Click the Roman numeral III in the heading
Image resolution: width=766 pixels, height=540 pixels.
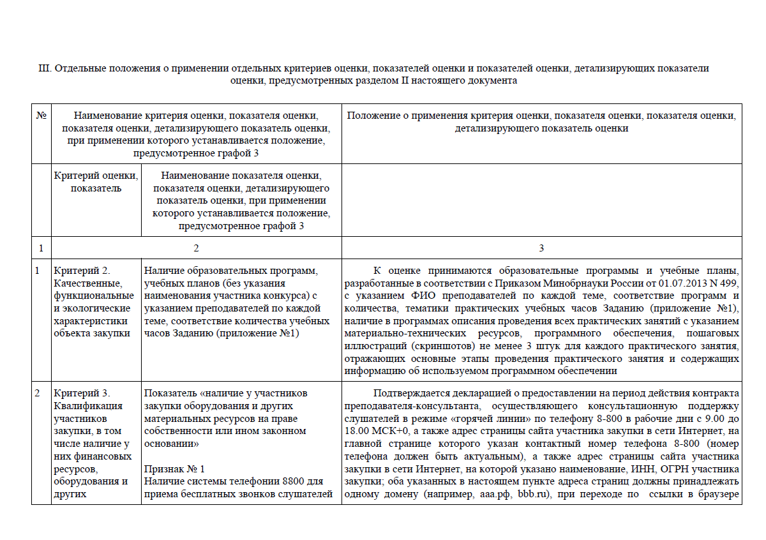pyautogui.click(x=45, y=68)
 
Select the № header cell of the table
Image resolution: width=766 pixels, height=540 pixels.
pyautogui.click(x=41, y=116)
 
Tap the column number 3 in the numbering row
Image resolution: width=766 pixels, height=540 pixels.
pyautogui.click(x=541, y=248)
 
